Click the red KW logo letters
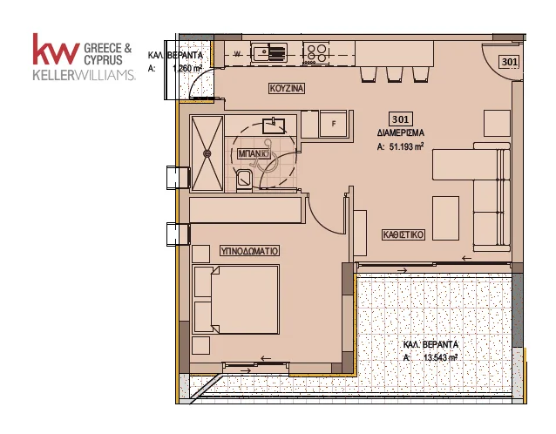(56, 50)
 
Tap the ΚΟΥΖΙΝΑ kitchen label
(287, 88)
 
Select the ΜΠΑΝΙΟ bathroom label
(251, 154)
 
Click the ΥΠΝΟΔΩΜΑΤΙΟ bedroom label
(249, 251)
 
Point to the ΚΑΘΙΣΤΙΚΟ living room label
(403, 234)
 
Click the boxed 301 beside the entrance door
(509, 62)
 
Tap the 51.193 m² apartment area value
(406, 146)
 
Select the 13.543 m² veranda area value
(440, 358)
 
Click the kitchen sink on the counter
(269, 53)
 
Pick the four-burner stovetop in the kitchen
(316, 53)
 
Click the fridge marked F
(333, 124)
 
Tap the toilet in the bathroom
(244, 180)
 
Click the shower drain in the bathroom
(207, 153)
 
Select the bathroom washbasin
(274, 125)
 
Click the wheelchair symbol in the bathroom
(261, 153)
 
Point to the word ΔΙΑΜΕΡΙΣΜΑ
(401, 133)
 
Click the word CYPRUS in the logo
(103, 60)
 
